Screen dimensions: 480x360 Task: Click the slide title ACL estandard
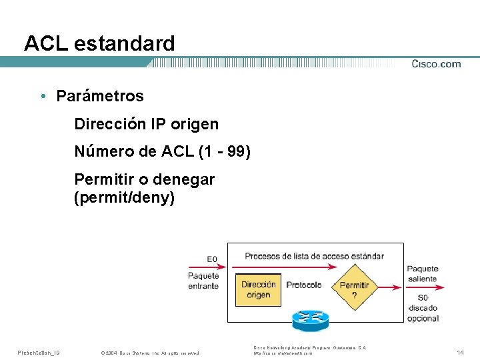(99, 44)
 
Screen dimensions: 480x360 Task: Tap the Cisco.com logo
(436, 64)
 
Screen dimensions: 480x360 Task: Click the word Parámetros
(100, 96)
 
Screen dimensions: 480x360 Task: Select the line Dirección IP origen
(146, 124)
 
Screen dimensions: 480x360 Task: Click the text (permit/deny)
(125, 198)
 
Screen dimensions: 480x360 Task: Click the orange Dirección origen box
(259, 289)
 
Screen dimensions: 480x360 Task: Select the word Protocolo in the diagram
(304, 285)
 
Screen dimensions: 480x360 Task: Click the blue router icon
(311, 319)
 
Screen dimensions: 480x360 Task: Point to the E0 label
(211, 259)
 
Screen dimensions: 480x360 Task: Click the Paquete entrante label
(203, 281)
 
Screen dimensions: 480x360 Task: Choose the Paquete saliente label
(422, 273)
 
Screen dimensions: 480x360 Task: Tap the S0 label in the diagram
(422, 297)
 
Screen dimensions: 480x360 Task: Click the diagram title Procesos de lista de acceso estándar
(314, 256)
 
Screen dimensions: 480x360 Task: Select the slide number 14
(460, 352)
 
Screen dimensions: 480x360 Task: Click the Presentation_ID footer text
(39, 352)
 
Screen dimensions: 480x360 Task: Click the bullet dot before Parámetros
(42, 96)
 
